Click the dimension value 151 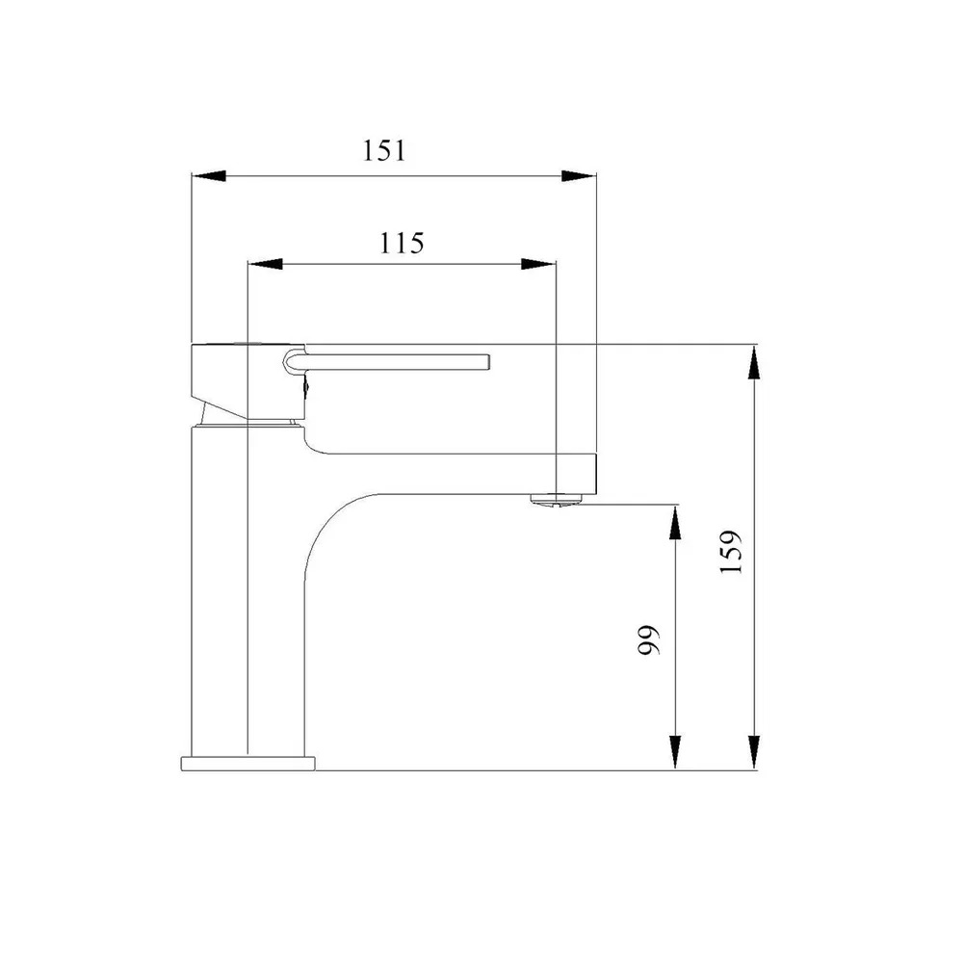(384, 151)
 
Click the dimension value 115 (401, 244)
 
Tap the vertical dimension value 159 (731, 552)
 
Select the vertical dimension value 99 (648, 640)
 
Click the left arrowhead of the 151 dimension (209, 176)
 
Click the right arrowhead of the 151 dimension (579, 176)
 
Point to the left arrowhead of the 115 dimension (265, 264)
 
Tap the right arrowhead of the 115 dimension (538, 264)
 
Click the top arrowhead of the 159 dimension (755, 362)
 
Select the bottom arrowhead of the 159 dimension (755, 752)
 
